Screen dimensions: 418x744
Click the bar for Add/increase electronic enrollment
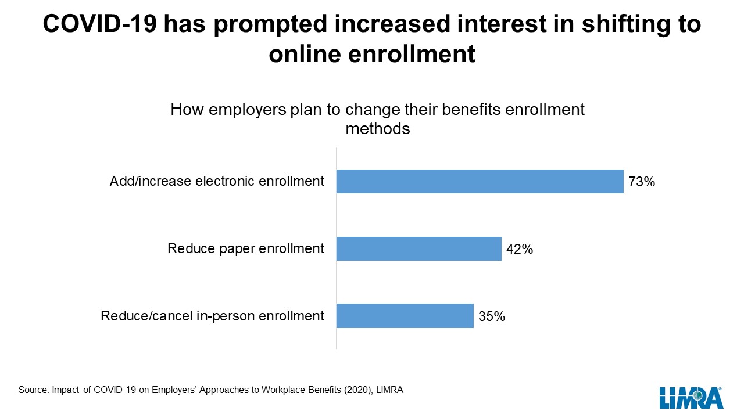point(480,181)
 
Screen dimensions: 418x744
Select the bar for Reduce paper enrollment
point(419,248)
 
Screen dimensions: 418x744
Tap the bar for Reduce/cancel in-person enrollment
point(405,316)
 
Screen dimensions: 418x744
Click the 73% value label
point(642,182)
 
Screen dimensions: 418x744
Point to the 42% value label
point(520,250)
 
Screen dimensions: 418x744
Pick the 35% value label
point(492,317)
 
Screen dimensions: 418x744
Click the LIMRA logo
point(691,398)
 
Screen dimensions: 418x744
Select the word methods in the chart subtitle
point(378,129)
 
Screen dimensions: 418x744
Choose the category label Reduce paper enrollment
point(246,248)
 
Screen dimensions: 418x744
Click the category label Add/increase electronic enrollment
point(217,181)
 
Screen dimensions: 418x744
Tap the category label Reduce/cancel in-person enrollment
point(212,316)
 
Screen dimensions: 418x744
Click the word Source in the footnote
point(33,390)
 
